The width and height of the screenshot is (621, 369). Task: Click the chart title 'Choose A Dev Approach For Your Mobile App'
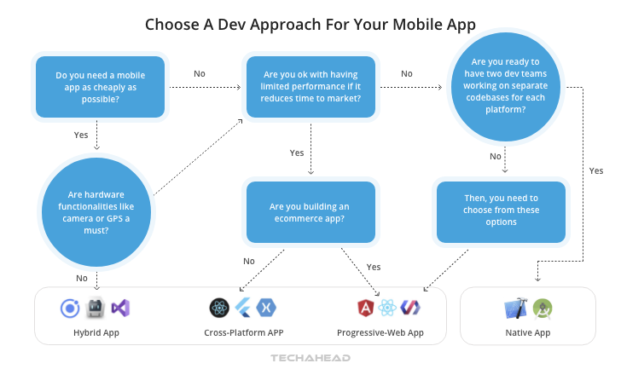tap(310, 24)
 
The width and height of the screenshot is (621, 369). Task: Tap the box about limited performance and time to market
tap(310, 88)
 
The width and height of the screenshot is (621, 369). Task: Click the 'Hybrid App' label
tap(96, 332)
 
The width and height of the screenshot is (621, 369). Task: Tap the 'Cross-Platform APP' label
tap(244, 332)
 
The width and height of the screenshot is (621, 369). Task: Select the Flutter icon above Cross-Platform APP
tap(244, 308)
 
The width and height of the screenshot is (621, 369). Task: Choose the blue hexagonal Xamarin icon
tap(266, 308)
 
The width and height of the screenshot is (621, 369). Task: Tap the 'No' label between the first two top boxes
tap(199, 73)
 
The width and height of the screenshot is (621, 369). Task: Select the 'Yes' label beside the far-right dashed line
tap(595, 170)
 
